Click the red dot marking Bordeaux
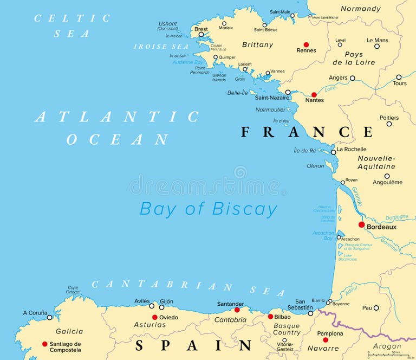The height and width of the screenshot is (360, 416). (361, 224)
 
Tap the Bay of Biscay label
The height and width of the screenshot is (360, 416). (209, 209)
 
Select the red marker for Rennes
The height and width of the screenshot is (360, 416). (306, 44)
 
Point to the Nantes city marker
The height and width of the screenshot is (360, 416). (314, 94)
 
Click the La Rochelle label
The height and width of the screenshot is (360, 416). (352, 149)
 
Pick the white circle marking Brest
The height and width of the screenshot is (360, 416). (201, 35)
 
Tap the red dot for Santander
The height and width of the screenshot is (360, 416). (237, 310)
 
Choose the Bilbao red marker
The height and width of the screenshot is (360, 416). (270, 317)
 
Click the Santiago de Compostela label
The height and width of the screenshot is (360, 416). (65, 347)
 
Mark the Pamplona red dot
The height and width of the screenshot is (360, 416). (326, 340)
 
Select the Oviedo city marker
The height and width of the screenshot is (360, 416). (154, 317)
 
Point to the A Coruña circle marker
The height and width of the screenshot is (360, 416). (49, 317)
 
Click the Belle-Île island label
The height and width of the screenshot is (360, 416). (237, 93)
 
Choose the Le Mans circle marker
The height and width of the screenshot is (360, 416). (377, 46)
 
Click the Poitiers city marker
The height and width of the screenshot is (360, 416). (389, 124)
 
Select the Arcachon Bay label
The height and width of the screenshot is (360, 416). (324, 236)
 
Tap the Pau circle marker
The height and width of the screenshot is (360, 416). (376, 308)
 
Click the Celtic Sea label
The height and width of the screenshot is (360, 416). (72, 25)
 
